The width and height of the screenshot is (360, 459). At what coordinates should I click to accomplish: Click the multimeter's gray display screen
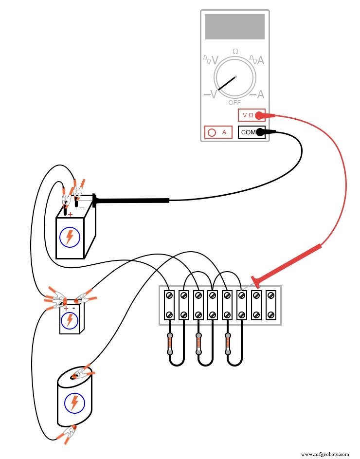point(234,27)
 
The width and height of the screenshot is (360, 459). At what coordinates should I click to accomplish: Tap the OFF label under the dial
point(234,103)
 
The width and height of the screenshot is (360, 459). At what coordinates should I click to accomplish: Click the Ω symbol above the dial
point(235,52)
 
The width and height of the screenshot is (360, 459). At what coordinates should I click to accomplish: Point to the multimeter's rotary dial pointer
point(226,83)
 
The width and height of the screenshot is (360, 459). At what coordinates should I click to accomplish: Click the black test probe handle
point(131,200)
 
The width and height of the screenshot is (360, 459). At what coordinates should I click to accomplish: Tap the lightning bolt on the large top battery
point(70,237)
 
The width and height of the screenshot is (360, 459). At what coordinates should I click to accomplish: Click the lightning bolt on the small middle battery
point(70,320)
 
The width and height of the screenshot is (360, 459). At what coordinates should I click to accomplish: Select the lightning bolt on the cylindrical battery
point(74,403)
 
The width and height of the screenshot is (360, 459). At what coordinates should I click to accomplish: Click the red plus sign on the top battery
point(70,214)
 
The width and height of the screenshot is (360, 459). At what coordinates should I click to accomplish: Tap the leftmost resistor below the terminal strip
point(170,344)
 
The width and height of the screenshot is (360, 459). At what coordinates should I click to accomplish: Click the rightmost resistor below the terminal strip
point(227,344)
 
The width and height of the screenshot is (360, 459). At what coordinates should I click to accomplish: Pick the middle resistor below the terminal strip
point(198,344)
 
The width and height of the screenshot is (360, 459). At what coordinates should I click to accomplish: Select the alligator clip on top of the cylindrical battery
point(81,373)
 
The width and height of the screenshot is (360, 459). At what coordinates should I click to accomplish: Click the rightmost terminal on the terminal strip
point(271,305)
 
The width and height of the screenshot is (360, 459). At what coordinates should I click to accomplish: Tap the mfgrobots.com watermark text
point(325,454)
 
